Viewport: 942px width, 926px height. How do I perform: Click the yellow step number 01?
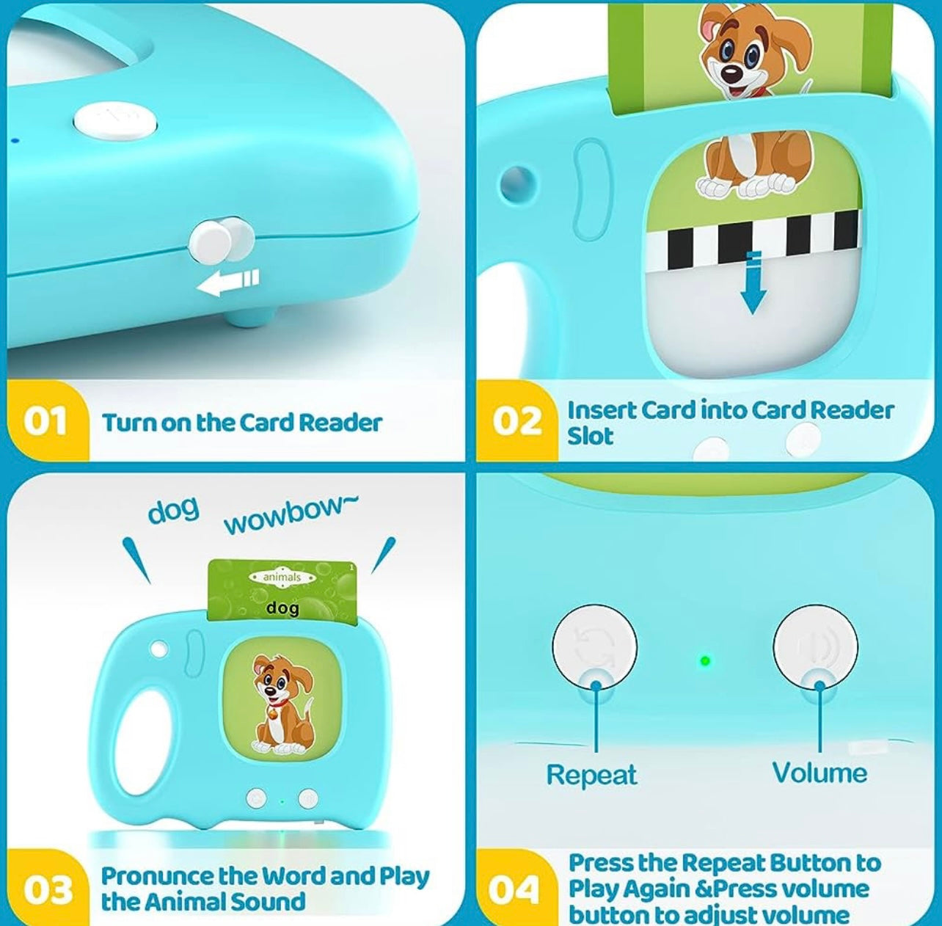tap(45, 422)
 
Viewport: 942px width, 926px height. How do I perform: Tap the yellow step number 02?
tap(516, 421)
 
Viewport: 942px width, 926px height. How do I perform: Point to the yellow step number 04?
tap(514, 889)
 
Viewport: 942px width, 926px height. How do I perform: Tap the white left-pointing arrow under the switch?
tap(227, 283)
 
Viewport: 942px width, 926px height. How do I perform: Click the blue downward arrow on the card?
tap(753, 282)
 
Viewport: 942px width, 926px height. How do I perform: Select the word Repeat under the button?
tap(591, 775)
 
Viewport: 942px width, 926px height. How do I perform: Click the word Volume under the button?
tap(819, 773)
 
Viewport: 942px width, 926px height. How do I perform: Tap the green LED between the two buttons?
tap(704, 662)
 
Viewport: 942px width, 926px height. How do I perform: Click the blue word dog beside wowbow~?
tap(174, 511)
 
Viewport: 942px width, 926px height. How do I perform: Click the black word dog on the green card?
tap(283, 608)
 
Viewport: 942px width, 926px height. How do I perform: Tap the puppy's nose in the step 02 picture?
tap(731, 73)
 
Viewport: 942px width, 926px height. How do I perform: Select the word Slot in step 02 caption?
tap(590, 436)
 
